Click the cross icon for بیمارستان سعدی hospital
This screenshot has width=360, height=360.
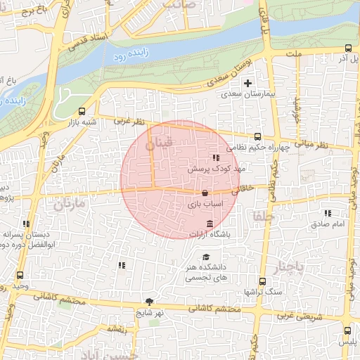[x=248, y=83]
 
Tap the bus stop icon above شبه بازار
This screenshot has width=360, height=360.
[x=83, y=111]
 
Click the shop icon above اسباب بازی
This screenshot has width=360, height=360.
[x=205, y=193]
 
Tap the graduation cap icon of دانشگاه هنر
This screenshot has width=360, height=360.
[x=206, y=257]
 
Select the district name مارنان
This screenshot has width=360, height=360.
[x=68, y=205]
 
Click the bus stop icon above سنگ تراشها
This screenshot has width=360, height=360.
[x=262, y=281]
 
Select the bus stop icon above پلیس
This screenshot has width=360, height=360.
[x=347, y=330]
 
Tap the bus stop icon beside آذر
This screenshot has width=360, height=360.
[x=349, y=49]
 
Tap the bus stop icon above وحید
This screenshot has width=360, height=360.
[x=19, y=275]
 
